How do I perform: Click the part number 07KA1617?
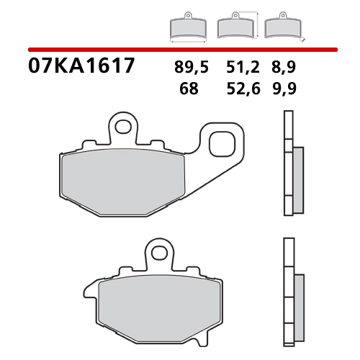click(x=81, y=67)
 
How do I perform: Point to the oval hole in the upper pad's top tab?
click(x=123, y=127)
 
